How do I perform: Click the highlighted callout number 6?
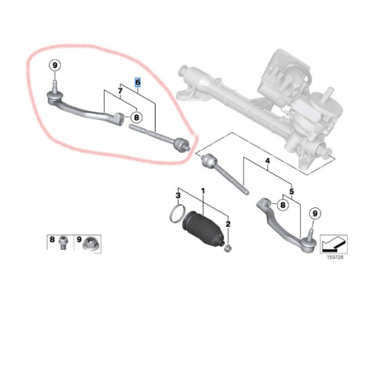pyautogui.click(x=138, y=82)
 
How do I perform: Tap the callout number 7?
pyautogui.click(x=120, y=91)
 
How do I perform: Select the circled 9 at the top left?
pyautogui.click(x=55, y=66)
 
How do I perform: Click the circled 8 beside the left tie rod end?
pyautogui.click(x=136, y=117)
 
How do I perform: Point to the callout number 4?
pyautogui.click(x=267, y=161)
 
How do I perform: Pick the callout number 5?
pyautogui.click(x=291, y=191)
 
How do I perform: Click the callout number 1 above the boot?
pyautogui.click(x=202, y=191)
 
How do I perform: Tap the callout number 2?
pyautogui.click(x=228, y=224)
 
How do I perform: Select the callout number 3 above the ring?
pyautogui.click(x=178, y=195)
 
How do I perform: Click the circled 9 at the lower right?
pyautogui.click(x=315, y=214)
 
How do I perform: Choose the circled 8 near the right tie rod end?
pyautogui.click(x=283, y=205)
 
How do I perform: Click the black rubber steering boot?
pyautogui.click(x=203, y=229)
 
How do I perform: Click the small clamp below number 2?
pyautogui.click(x=228, y=249)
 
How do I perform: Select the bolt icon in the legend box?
pyautogui.click(x=64, y=243)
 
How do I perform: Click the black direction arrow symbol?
pyautogui.click(x=333, y=245)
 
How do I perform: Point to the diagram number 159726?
pyautogui.click(x=335, y=257)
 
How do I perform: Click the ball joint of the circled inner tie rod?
pyautogui.click(x=181, y=145)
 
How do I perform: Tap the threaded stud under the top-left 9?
pyautogui.click(x=55, y=86)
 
